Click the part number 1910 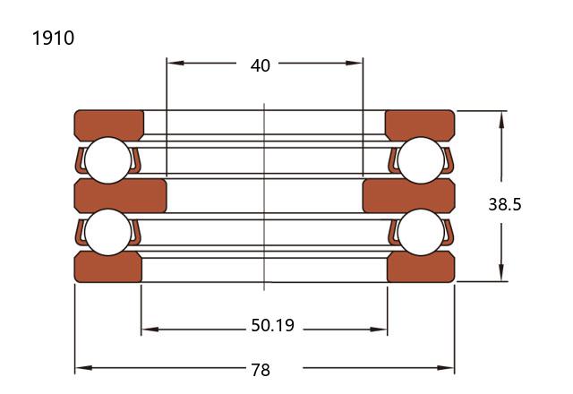coord(54,38)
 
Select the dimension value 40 coord(261,65)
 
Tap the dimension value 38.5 coord(505,204)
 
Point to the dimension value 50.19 coord(272,325)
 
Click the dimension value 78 coord(261,370)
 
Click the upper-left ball coord(107,160)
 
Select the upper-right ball coord(421,160)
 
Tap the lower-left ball coord(107,232)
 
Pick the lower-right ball coord(421,232)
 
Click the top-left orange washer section coord(109,124)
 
